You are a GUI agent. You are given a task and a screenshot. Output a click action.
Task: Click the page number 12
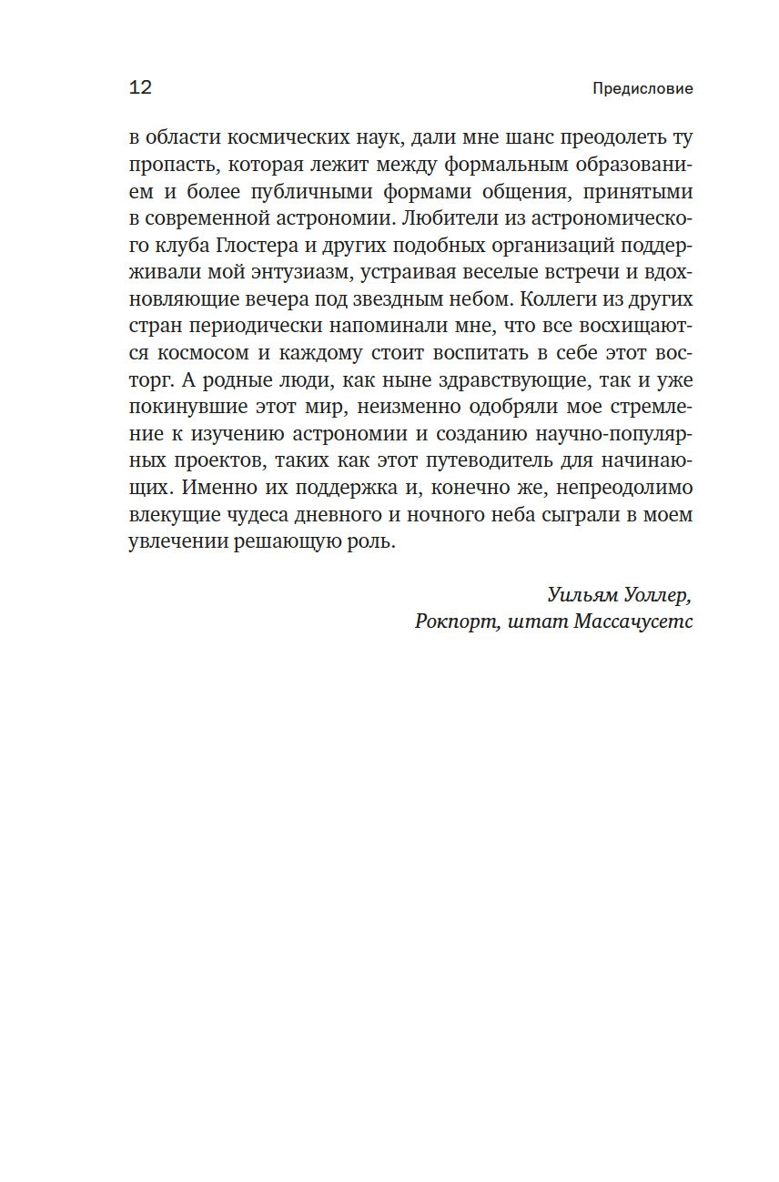(141, 88)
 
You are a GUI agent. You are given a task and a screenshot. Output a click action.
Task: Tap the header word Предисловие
(642, 89)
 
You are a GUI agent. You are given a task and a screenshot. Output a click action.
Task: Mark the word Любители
(435, 219)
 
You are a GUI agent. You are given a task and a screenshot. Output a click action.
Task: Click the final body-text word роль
(375, 541)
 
